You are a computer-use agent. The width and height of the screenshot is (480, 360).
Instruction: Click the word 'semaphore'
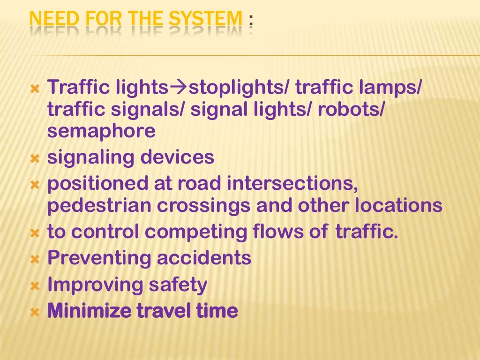pos(101,132)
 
